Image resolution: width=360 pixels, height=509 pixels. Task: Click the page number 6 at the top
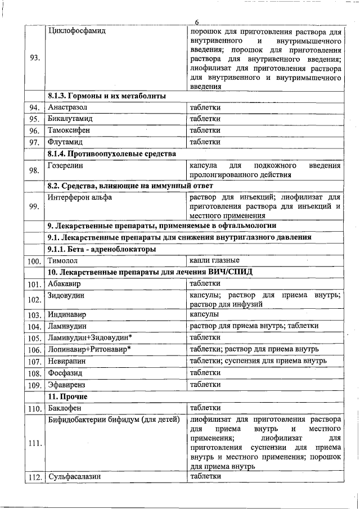coord(197,22)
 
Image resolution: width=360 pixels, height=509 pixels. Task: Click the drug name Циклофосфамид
coord(77,30)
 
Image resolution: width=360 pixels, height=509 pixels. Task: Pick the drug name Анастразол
coord(68,107)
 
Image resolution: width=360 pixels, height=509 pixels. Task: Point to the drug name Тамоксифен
coord(69,130)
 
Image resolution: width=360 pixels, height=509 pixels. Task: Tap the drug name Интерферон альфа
coord(80,197)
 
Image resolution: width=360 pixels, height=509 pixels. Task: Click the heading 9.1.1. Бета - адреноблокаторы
coord(102,249)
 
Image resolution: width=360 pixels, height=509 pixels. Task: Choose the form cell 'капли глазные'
coord(214,260)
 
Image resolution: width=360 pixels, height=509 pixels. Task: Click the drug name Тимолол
coord(62,261)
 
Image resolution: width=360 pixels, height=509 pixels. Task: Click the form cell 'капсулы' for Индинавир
coord(204,314)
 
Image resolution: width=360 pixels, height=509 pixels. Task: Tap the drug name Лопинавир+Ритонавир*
coord(89,349)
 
